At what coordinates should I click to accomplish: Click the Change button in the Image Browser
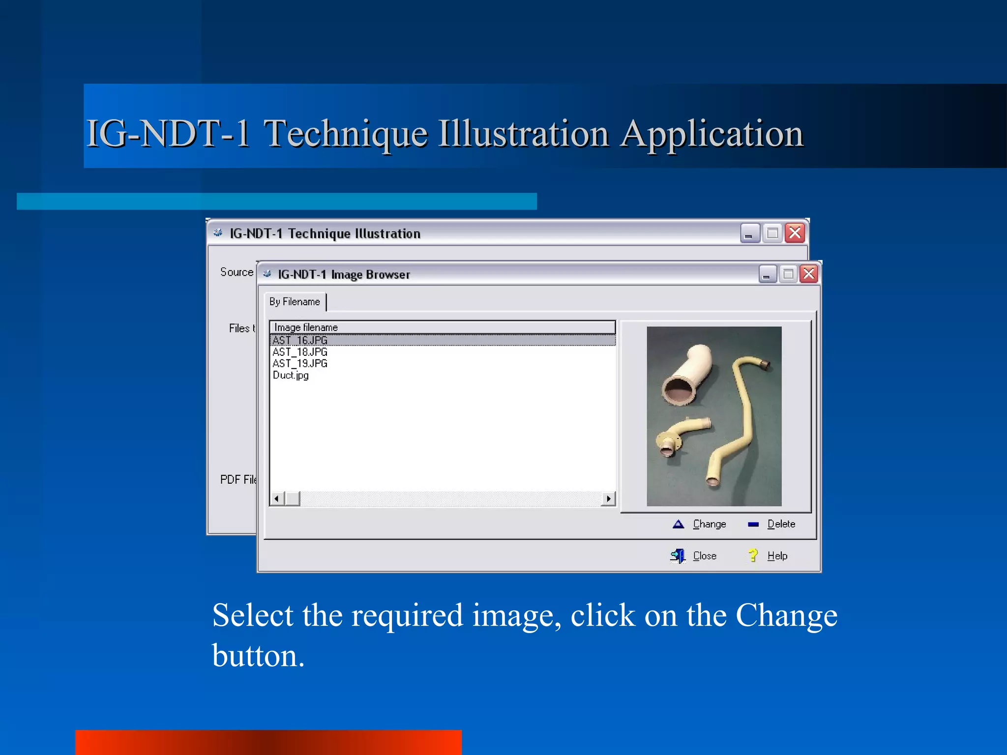tap(700, 524)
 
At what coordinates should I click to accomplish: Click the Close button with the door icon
tap(694, 556)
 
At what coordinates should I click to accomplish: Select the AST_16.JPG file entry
tap(300, 340)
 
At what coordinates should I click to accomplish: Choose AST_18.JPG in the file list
tap(300, 352)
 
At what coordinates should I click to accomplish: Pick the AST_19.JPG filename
tap(300, 363)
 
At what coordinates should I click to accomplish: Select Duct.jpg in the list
tap(291, 375)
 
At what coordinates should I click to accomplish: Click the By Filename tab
tap(295, 302)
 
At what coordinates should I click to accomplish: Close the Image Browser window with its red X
tap(809, 274)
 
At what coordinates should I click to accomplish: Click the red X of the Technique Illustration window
tap(795, 233)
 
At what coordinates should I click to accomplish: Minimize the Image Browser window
tap(767, 274)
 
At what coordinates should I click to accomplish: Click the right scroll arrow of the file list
tap(609, 499)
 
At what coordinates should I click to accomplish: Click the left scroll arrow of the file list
tap(277, 499)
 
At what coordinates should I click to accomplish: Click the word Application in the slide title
tap(711, 134)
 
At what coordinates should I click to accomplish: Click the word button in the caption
tap(258, 656)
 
